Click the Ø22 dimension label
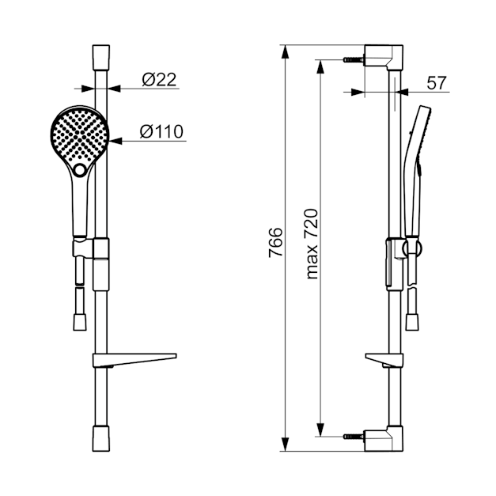pyautogui.click(x=159, y=80)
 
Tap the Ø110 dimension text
pyautogui.click(x=161, y=131)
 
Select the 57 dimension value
pyautogui.click(x=436, y=83)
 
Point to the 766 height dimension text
pyautogui.click(x=275, y=242)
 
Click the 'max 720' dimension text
pyautogui.click(x=312, y=244)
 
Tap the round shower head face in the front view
pyautogui.click(x=80, y=136)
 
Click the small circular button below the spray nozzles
pyautogui.click(x=80, y=170)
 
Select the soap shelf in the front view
pyautogui.click(x=134, y=360)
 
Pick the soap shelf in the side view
pyautogui.click(x=384, y=360)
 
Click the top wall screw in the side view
pyautogui.click(x=354, y=59)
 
